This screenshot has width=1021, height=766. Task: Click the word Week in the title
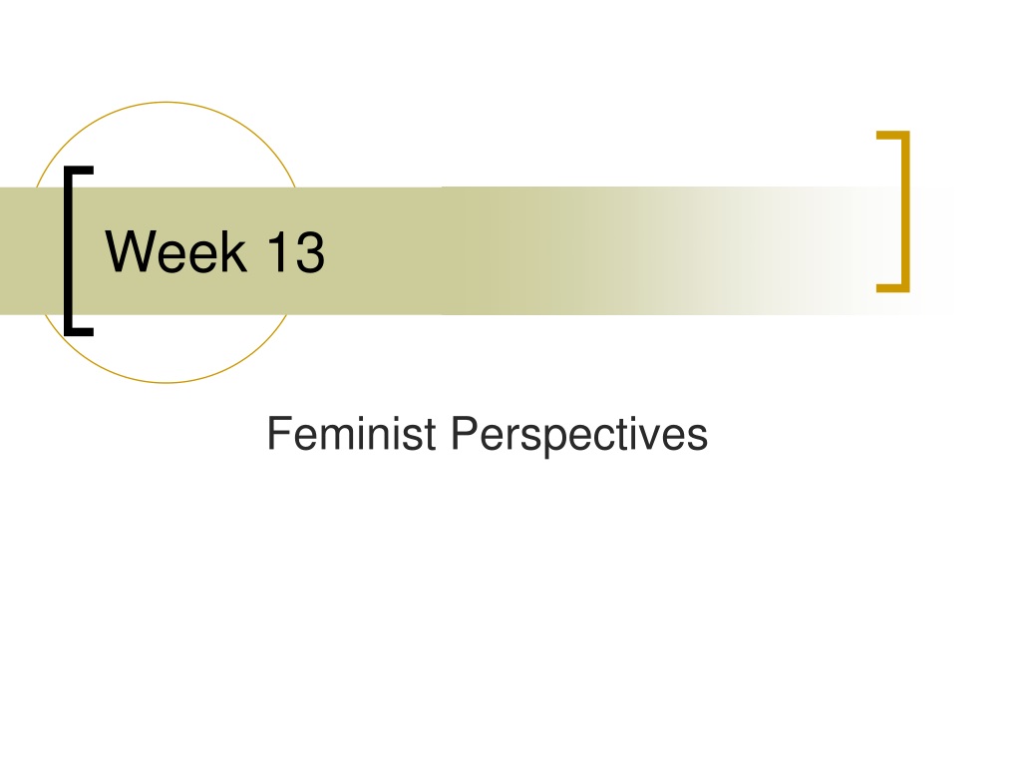(175, 252)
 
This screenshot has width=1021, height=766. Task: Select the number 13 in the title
(296, 252)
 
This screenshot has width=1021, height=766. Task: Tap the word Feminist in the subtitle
(352, 434)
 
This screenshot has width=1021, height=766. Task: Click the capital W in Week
(134, 252)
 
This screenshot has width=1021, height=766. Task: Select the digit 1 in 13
(278, 252)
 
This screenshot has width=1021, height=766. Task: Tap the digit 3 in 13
(310, 252)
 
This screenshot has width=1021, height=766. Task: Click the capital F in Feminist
(279, 434)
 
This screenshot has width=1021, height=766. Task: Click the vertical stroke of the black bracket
(69, 251)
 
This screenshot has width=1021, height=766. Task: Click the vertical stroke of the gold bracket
(905, 211)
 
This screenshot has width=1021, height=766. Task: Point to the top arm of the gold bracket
(892, 136)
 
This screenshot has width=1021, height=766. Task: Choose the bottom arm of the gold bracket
(892, 288)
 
